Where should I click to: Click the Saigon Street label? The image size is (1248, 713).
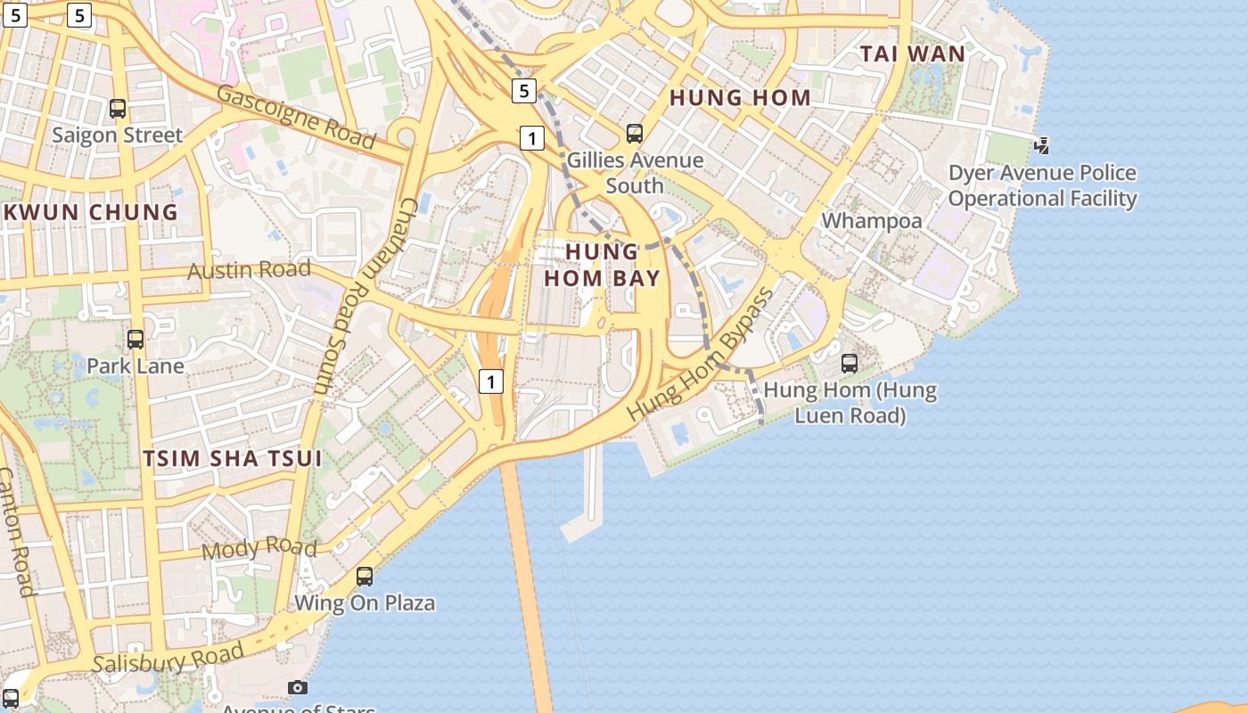(117, 135)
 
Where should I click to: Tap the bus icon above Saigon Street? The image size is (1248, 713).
(117, 109)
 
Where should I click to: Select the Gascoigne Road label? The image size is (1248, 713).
(295, 117)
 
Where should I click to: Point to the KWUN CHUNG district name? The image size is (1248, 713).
(92, 212)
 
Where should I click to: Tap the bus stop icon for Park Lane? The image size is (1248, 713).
(135, 340)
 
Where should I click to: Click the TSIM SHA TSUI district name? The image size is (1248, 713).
(233, 458)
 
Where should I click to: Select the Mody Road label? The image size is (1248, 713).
(259, 547)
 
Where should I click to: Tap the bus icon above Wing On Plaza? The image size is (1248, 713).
(365, 577)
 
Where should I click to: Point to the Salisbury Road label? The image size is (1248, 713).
(168, 659)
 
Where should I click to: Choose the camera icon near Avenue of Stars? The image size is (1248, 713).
(298, 687)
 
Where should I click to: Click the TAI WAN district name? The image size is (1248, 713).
(912, 53)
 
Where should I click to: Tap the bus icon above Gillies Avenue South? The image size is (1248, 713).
(635, 134)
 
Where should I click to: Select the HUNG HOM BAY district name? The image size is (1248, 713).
(602, 265)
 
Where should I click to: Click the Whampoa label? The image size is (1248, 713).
(871, 220)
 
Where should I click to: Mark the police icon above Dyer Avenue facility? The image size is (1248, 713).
(1042, 145)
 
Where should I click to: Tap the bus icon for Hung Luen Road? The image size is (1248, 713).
(850, 364)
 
